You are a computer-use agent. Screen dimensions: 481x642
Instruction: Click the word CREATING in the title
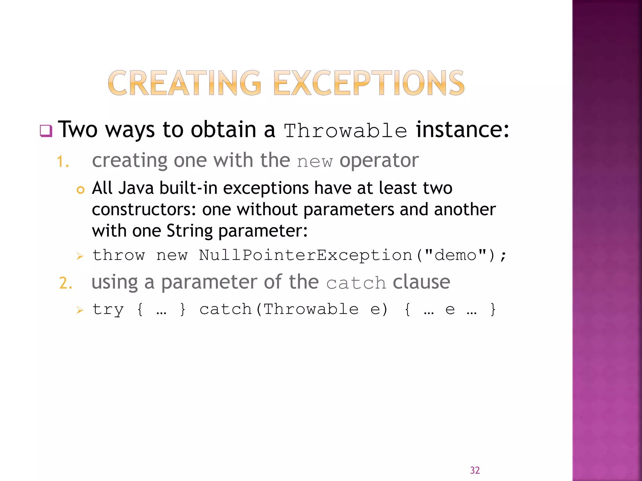[x=184, y=83]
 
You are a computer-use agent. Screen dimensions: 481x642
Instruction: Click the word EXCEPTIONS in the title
[x=369, y=83]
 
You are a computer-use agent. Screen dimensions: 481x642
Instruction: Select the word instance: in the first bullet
[x=462, y=130]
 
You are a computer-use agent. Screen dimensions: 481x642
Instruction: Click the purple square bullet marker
[x=46, y=131]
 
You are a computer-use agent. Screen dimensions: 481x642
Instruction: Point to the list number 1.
[x=62, y=162]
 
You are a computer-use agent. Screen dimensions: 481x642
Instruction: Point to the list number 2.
[x=66, y=283]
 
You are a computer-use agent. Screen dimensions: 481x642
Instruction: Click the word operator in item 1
[x=379, y=161]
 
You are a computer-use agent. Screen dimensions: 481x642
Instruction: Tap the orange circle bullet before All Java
[x=81, y=190]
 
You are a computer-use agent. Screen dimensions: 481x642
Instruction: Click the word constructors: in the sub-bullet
[x=144, y=209]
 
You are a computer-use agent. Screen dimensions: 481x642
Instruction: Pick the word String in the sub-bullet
[x=189, y=231]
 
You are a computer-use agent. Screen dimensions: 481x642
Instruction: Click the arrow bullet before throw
[x=80, y=256]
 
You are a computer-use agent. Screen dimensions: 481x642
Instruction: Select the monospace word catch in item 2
[x=356, y=283]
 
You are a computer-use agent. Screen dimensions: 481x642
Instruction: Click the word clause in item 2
[x=421, y=282]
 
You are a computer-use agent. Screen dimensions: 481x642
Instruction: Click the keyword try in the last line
[x=108, y=310]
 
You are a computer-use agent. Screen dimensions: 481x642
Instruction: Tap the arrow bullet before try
[x=80, y=310]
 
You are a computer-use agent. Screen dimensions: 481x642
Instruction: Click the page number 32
[x=475, y=470]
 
